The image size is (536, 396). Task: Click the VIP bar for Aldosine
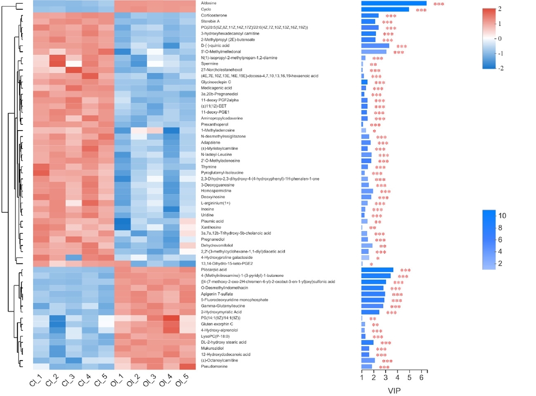(x=394, y=3)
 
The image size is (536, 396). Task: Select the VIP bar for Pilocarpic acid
(x=377, y=270)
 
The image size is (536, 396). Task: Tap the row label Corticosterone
(x=214, y=15)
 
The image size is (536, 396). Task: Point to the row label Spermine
(x=210, y=64)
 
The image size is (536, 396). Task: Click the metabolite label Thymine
(x=209, y=167)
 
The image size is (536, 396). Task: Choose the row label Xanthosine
(x=211, y=227)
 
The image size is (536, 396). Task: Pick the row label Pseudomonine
(x=214, y=366)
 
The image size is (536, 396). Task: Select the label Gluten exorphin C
(x=217, y=324)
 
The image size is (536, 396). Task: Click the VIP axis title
(x=394, y=390)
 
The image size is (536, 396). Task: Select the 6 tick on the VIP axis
(x=421, y=377)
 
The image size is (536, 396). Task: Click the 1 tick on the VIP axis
(x=362, y=377)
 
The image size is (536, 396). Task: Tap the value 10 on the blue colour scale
(x=502, y=216)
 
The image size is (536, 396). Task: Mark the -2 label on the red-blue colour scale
(x=501, y=68)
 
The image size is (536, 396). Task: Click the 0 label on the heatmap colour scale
(x=500, y=39)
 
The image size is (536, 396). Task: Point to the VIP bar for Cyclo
(x=385, y=9)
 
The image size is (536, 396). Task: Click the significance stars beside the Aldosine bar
(x=439, y=4)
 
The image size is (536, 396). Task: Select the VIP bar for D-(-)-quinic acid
(x=375, y=46)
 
